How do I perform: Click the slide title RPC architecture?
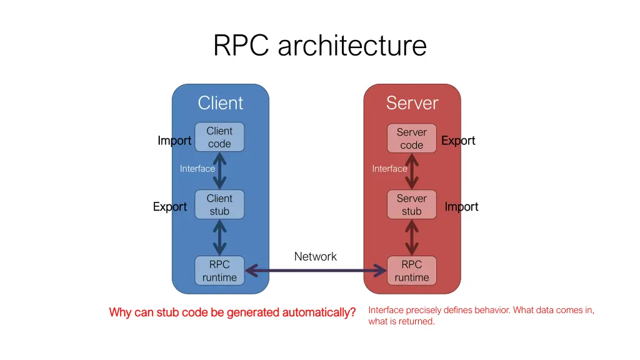coord(319,46)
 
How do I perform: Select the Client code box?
coord(219,137)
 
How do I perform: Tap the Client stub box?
coord(219,204)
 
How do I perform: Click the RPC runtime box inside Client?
coord(219,271)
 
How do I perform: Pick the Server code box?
coord(412,138)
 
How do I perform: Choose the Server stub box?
coord(412,204)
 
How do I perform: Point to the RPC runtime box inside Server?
coord(412,271)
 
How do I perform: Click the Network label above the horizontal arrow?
coord(315,256)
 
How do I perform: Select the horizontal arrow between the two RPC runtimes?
coord(316,271)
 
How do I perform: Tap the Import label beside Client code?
coord(174,141)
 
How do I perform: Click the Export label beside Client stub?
coord(170,207)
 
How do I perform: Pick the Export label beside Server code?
coord(458,141)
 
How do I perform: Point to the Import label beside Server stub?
coord(461,207)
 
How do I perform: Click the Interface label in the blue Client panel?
coord(197,169)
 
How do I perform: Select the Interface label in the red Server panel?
coord(389,169)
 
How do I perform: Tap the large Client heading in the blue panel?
coord(220,103)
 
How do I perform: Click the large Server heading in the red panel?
coord(412,103)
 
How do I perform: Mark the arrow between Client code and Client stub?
coord(219,171)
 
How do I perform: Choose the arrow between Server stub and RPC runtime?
coord(412,237)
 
